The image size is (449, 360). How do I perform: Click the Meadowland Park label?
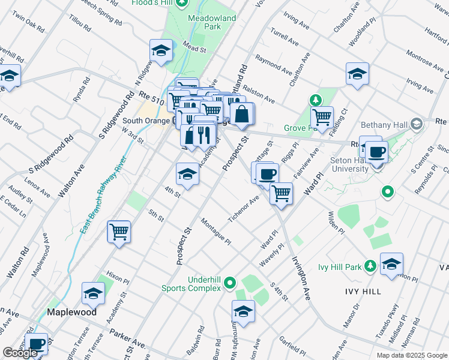(212, 23)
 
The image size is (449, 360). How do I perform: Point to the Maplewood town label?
(71, 313)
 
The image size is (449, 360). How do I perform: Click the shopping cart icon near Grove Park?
(322, 118)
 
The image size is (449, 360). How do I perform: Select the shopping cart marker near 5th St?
(119, 232)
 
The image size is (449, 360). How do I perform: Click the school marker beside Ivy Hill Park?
(391, 263)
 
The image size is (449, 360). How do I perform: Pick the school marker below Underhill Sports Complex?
(243, 311)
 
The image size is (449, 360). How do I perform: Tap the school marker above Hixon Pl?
(93, 293)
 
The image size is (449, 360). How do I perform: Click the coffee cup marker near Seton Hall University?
(376, 151)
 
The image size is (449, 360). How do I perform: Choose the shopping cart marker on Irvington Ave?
(280, 194)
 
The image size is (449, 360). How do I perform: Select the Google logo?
(20, 353)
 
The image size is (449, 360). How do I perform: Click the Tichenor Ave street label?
(244, 207)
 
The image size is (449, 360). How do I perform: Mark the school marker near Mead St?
(161, 51)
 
